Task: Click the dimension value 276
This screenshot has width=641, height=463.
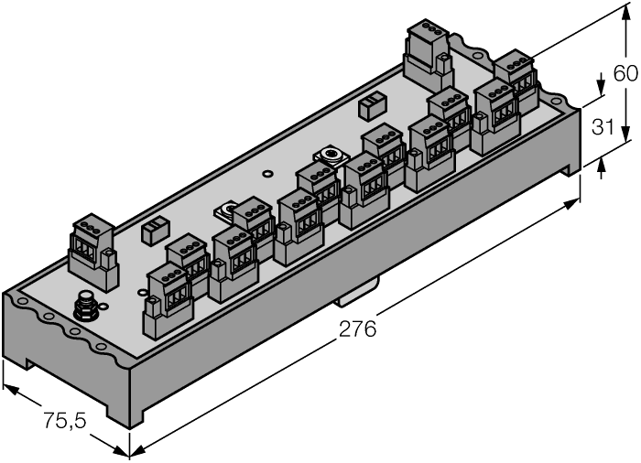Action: click(357, 329)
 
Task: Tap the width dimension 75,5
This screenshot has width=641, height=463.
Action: click(64, 421)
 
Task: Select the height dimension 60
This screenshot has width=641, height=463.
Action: click(625, 73)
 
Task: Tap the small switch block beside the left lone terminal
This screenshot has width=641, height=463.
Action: click(153, 231)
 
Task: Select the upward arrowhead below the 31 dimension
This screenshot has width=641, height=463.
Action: click(602, 166)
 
